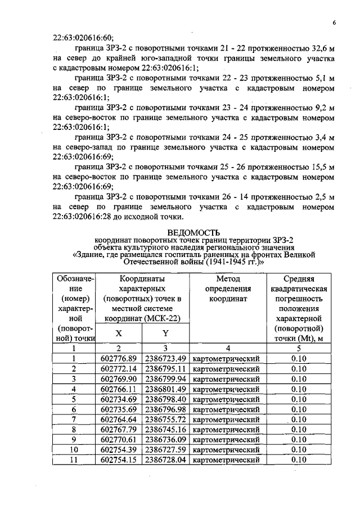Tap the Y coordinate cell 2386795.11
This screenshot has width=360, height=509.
click(165, 368)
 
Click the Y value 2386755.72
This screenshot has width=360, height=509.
click(165, 419)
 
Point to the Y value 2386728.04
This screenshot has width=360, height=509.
click(165, 460)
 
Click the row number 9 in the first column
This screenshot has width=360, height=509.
click(74, 439)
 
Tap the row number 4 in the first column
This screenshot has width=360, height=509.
click(74, 389)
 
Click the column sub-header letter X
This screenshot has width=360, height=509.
click(119, 333)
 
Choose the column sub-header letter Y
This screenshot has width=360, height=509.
click(165, 333)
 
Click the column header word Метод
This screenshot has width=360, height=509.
click(228, 278)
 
